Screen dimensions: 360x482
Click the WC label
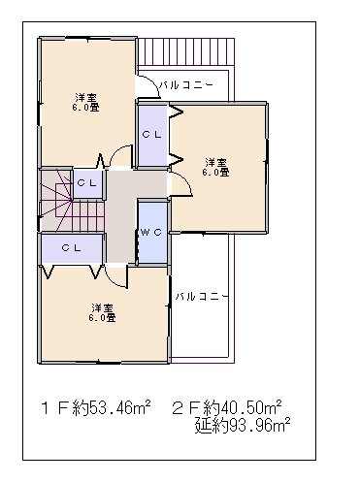point(151,232)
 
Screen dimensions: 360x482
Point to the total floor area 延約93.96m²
point(243,426)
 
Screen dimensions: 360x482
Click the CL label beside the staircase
point(86,183)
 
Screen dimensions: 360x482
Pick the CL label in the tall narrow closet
point(151,135)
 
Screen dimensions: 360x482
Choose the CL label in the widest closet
point(71,248)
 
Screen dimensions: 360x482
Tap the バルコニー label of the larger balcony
point(202,296)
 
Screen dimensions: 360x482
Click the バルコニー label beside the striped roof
point(186,85)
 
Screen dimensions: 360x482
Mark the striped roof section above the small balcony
point(186,51)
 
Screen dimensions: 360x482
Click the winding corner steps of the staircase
point(55,201)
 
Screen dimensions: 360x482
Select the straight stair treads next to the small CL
point(88,216)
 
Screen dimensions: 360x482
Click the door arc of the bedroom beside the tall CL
point(182,183)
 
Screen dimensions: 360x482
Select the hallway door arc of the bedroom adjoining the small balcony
point(120,154)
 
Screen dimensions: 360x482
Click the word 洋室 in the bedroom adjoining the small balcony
point(85,97)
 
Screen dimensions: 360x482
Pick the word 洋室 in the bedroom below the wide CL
point(102,307)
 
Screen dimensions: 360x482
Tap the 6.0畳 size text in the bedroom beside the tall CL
point(216,173)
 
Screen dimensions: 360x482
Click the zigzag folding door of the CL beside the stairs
point(101,161)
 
